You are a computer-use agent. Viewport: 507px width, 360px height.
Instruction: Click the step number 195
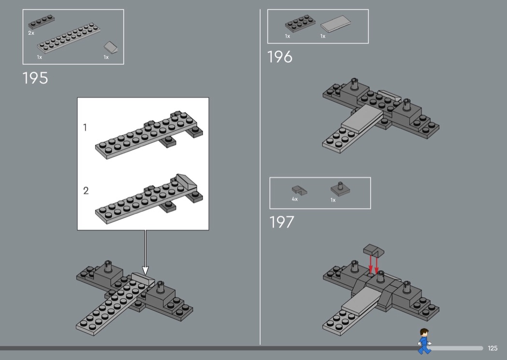coord(35,78)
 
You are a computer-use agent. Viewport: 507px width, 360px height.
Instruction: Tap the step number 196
coord(280,57)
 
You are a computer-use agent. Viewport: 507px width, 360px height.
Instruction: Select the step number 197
coord(282,222)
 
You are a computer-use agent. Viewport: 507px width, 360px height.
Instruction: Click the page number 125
coord(493,348)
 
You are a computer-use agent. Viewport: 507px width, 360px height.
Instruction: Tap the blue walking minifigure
coord(424,341)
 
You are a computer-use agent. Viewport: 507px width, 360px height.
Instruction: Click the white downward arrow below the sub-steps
coord(145,252)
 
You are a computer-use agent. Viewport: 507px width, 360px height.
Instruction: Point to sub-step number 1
coord(85,128)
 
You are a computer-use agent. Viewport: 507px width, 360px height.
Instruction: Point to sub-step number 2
coord(85,191)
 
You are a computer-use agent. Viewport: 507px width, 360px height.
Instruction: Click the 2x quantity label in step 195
coord(31,33)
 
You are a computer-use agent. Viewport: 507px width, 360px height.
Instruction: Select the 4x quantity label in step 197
coord(295,199)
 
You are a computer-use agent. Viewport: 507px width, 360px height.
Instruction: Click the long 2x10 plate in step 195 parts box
coord(69,38)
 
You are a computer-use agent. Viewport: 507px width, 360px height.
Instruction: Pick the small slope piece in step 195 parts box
coord(111,47)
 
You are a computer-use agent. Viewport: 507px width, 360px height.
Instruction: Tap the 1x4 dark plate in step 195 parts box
coord(42,22)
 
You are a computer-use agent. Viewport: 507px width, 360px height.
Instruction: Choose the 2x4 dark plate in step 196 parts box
coord(300,24)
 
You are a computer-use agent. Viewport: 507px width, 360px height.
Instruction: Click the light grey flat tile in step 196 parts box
coord(336,24)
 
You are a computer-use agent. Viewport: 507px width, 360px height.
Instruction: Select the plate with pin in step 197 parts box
coord(340,189)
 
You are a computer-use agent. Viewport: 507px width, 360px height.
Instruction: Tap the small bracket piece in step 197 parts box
coord(299,190)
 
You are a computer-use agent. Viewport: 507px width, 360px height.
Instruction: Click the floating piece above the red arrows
coord(374,250)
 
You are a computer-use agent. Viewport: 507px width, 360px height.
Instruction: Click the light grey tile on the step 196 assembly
coord(362,119)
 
